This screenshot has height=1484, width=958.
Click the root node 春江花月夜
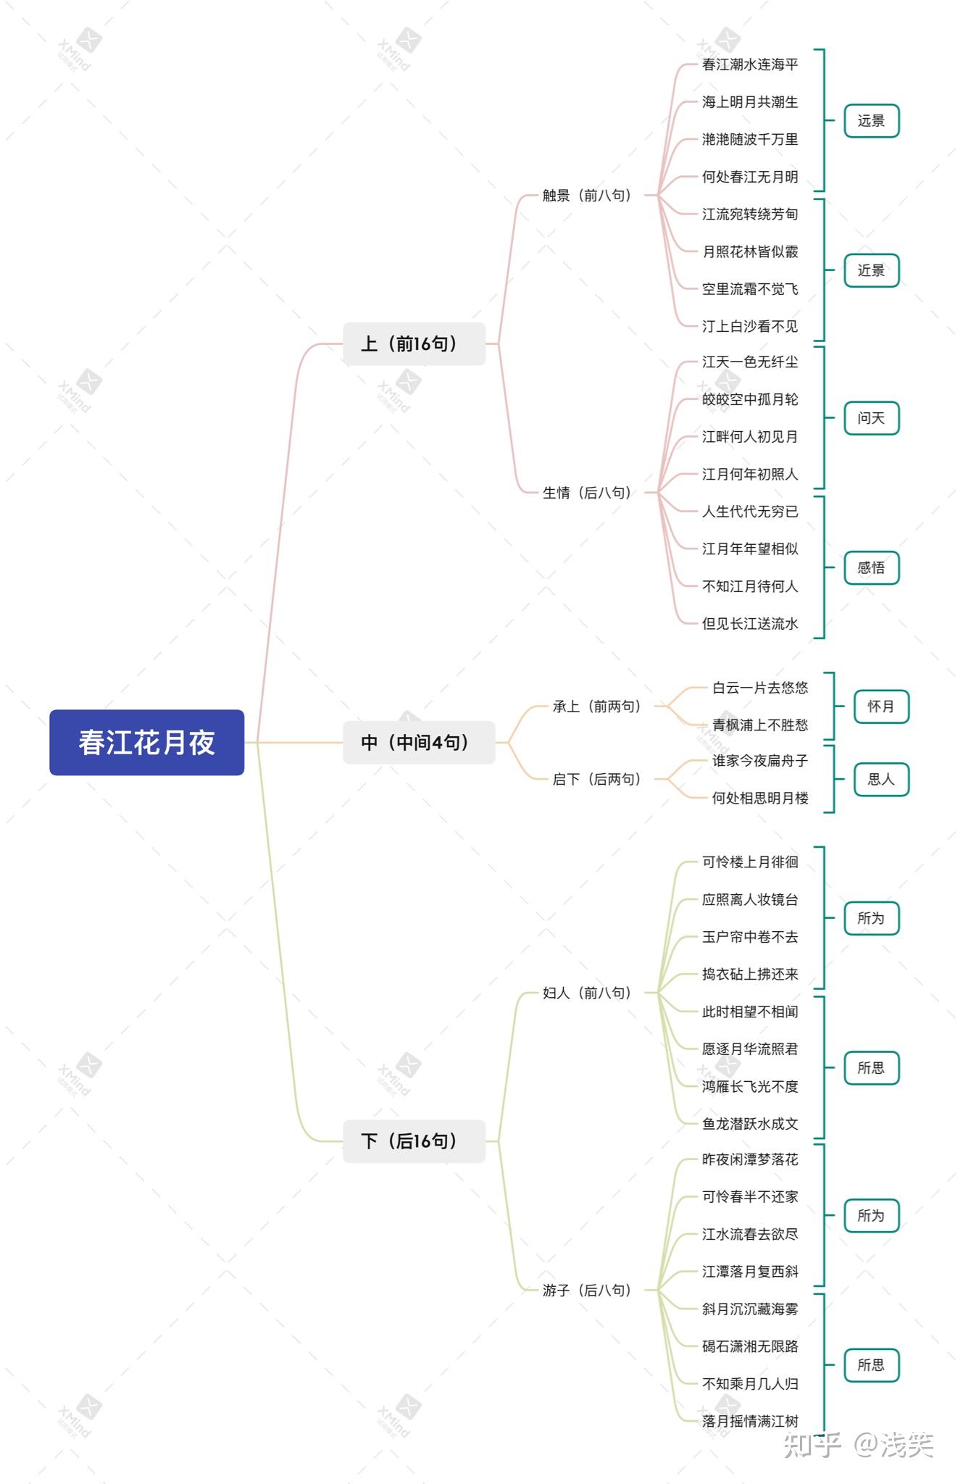click(x=146, y=742)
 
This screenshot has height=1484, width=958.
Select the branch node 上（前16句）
click(x=414, y=343)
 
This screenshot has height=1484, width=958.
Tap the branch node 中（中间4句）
click(x=419, y=742)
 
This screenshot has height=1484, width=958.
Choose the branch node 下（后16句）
click(x=414, y=1141)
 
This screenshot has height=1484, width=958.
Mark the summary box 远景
click(x=871, y=120)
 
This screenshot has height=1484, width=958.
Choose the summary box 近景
click(x=871, y=270)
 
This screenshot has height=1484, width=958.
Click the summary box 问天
click(x=871, y=418)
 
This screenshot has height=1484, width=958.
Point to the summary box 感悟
click(x=871, y=567)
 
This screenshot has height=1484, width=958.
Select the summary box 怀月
click(x=881, y=706)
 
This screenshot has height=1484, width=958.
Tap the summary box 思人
click(x=881, y=780)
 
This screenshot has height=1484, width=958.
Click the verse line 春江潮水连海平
click(x=750, y=64)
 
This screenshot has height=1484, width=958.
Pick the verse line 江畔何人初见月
click(x=750, y=437)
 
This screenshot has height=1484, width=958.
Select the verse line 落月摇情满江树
click(x=750, y=1421)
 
